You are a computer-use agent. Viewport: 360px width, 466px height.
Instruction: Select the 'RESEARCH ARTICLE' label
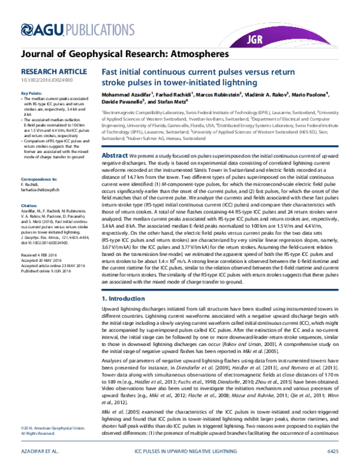[x=47, y=70]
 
